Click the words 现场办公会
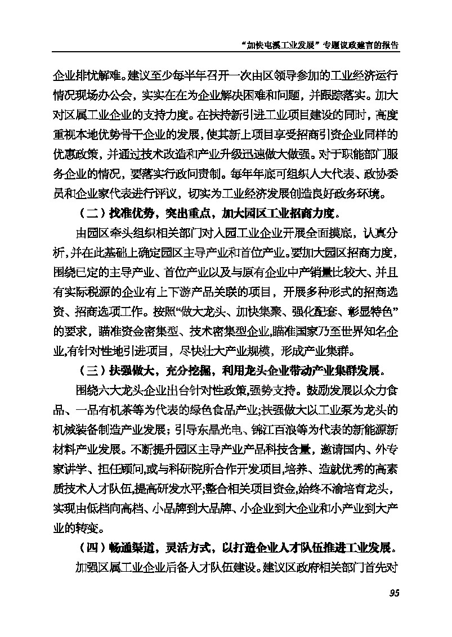pyautogui.click(x=108, y=95)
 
